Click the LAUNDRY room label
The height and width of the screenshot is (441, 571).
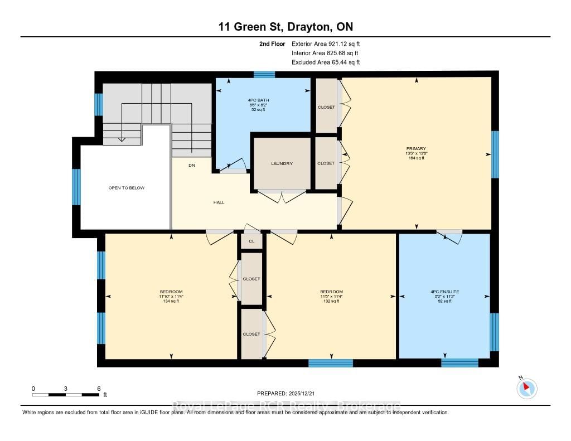pos(282,163)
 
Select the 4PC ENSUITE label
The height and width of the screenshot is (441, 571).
pos(444,292)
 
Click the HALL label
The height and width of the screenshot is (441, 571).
pos(219,202)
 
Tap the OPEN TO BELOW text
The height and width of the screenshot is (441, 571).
pos(126,188)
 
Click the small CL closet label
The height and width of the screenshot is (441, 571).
pos(251,241)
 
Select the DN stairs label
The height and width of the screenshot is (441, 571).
pos(192,165)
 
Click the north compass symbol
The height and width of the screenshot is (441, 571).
pos(526,388)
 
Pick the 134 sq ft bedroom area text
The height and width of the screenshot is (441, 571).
pos(171,301)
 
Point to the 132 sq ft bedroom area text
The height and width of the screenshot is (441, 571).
pos(331,301)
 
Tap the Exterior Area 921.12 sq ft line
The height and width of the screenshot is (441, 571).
pos(330,43)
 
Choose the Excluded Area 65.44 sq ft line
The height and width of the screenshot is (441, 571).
pos(326,62)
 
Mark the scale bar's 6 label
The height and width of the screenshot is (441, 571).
pos(99,388)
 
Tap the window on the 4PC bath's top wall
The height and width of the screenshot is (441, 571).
pos(264,74)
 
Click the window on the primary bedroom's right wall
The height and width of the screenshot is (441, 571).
pos(495,154)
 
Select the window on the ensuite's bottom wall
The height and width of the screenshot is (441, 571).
pos(459,363)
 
